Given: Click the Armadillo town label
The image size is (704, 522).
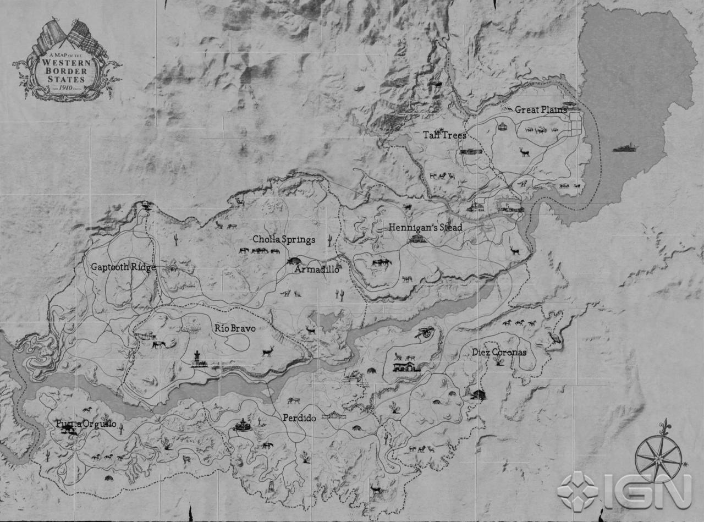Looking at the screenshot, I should pos(316,270).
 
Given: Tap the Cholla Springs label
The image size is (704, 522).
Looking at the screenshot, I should pos(284,239).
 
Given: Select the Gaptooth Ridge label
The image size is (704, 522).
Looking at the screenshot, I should pos(123,267).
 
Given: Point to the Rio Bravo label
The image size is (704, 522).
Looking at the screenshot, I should pos(235,328).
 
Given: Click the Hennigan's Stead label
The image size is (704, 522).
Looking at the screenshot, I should pos(425,227).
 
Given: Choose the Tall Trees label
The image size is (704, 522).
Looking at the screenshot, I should pos(444,135).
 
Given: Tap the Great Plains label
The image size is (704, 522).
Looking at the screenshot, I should pos(540,109).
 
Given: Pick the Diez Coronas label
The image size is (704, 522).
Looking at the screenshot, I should pos(499,352).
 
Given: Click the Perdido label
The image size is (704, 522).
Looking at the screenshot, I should pos(299,418).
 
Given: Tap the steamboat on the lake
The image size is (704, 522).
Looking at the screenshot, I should pos(625,149).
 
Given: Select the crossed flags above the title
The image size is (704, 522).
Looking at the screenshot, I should pos(69,36).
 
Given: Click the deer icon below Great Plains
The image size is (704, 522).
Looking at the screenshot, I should pos(524,151).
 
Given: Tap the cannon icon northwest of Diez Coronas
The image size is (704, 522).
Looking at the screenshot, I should pos(426,332).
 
